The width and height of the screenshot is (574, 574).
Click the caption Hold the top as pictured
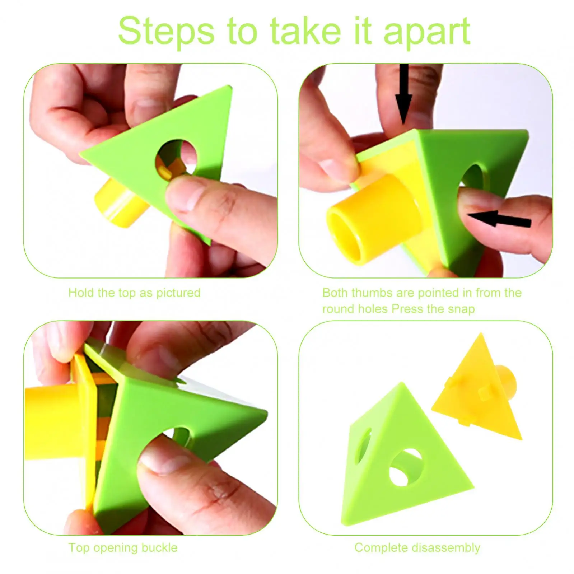(x=134, y=293)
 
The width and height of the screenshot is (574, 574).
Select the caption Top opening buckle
(x=123, y=548)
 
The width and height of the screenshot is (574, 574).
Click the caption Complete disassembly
(x=417, y=548)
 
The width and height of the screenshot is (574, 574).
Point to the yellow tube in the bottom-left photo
(x=54, y=424)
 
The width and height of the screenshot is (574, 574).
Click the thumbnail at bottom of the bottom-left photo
(x=165, y=463)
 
